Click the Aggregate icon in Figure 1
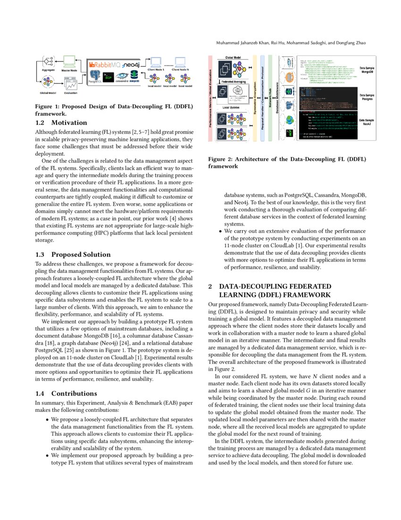48,61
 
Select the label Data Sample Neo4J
368,123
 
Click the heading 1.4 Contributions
67,393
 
